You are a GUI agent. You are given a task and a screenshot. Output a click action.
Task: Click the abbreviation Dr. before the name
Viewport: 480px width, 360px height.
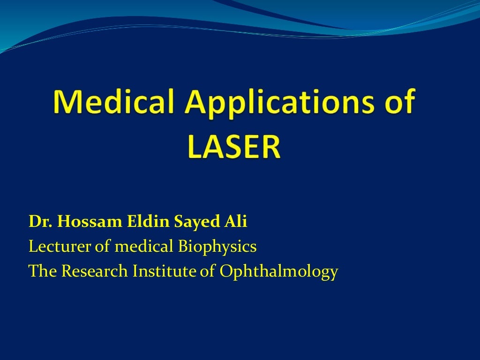[x=41, y=222]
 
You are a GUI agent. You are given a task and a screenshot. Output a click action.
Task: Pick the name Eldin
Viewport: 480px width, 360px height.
[x=143, y=222]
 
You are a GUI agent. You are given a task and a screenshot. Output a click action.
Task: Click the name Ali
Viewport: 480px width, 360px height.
[x=235, y=222]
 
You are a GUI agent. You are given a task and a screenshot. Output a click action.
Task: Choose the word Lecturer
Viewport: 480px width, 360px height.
[x=60, y=246]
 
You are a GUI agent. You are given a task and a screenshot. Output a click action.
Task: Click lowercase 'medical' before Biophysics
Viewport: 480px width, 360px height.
[x=144, y=246]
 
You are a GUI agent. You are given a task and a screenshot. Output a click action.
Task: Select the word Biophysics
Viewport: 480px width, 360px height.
[x=217, y=246]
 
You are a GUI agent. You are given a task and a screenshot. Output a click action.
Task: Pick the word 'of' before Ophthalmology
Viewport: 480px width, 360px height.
[x=207, y=271]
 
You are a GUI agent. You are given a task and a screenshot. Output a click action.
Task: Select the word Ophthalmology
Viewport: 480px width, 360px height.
[x=278, y=271]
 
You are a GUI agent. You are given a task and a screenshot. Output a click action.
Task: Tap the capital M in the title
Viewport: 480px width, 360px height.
[x=66, y=101]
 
